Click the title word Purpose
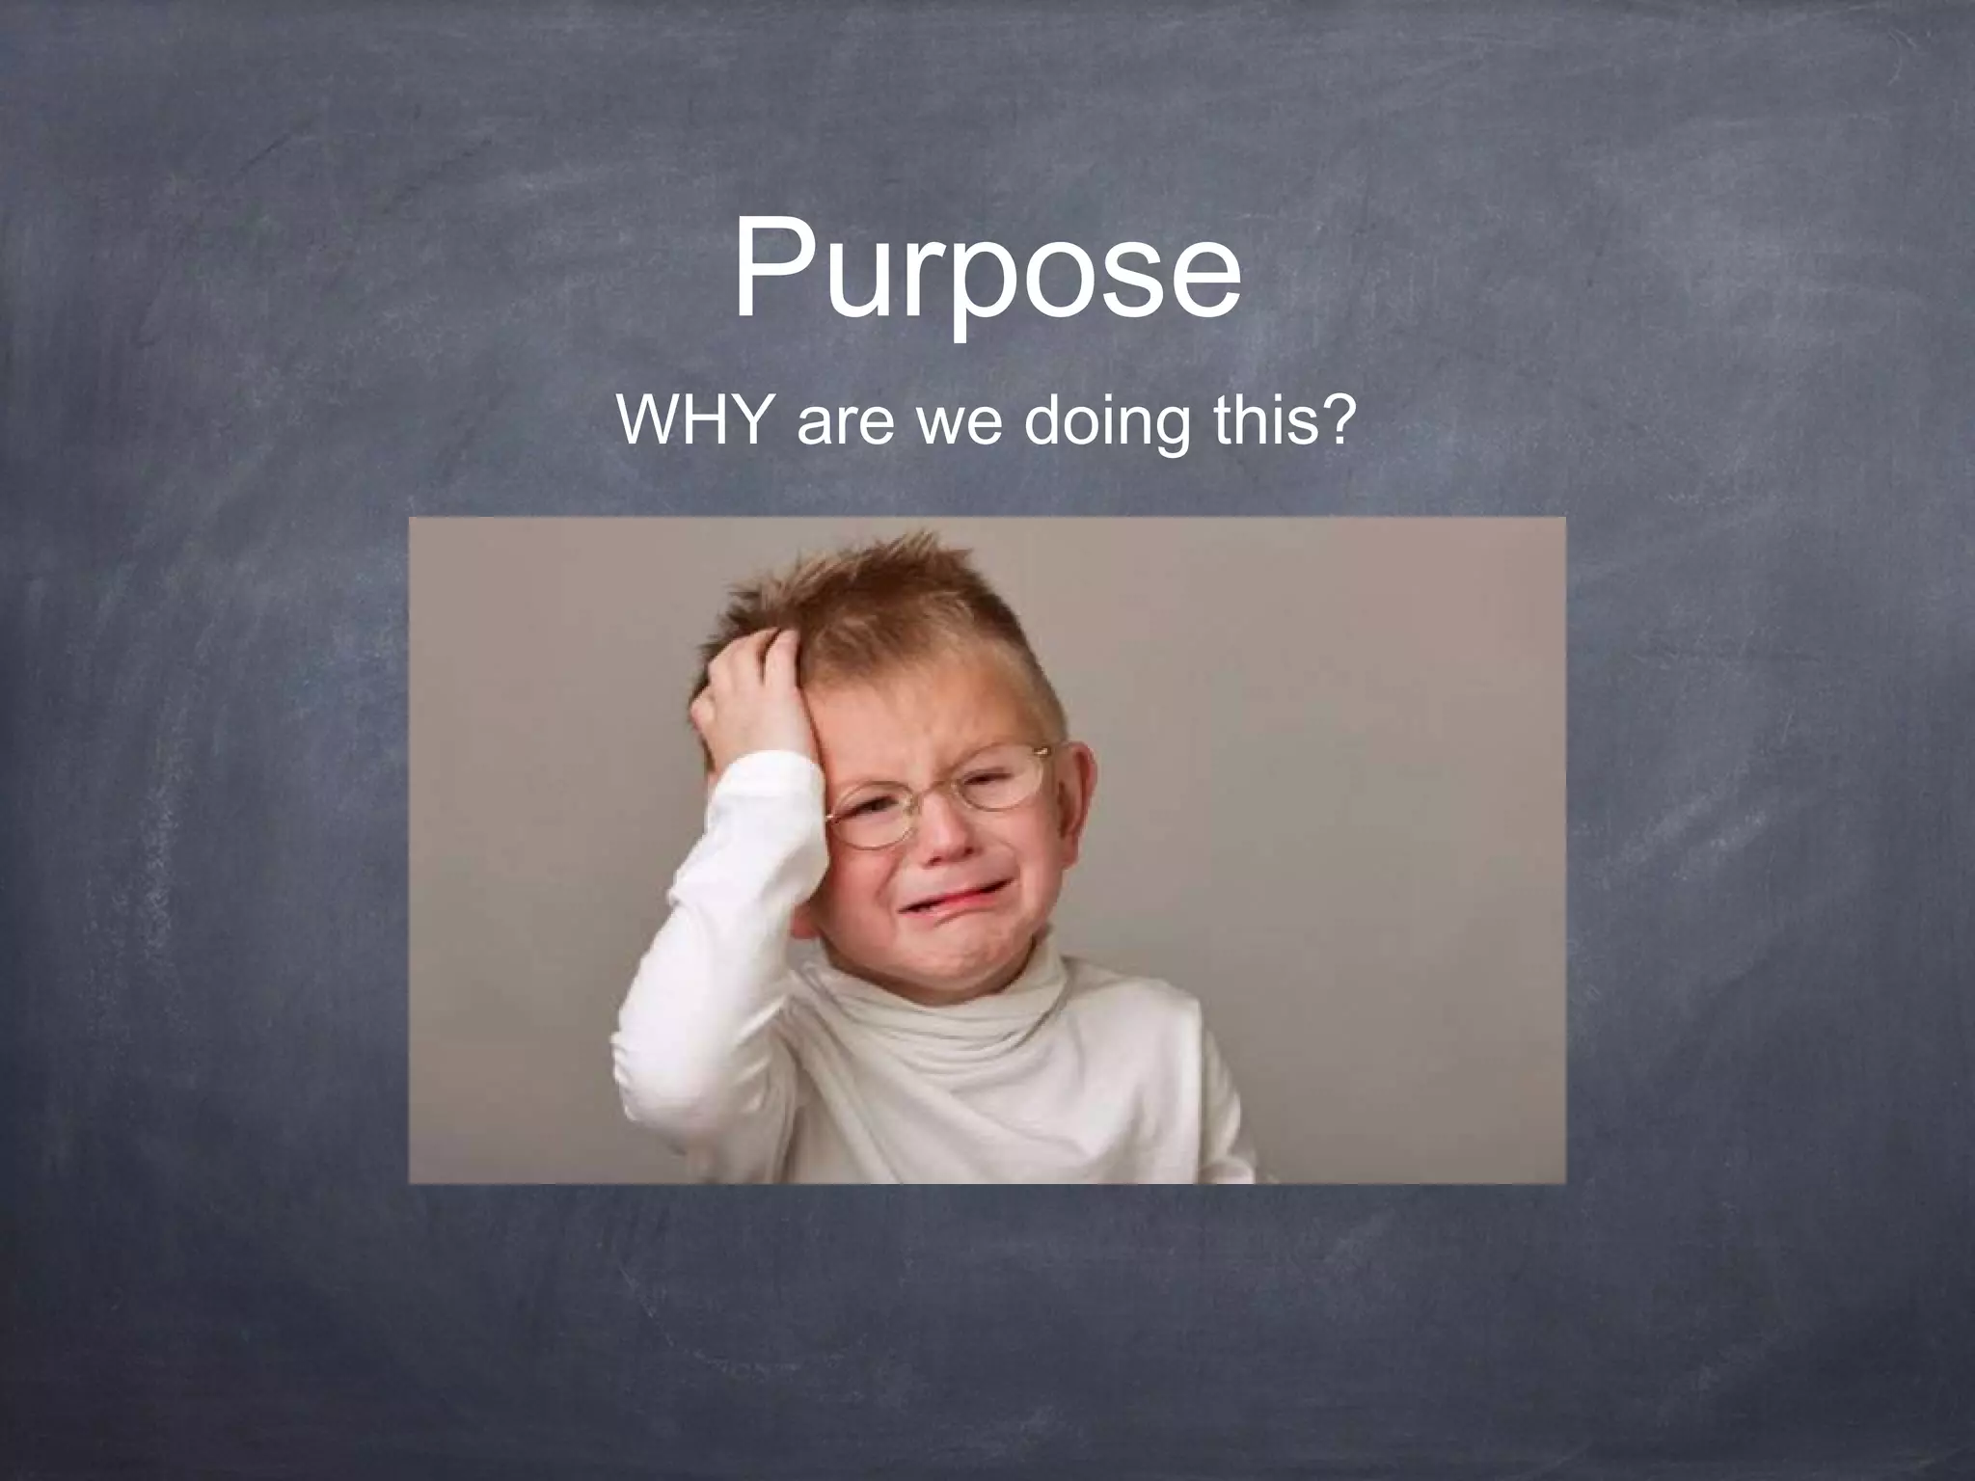coord(987,270)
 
